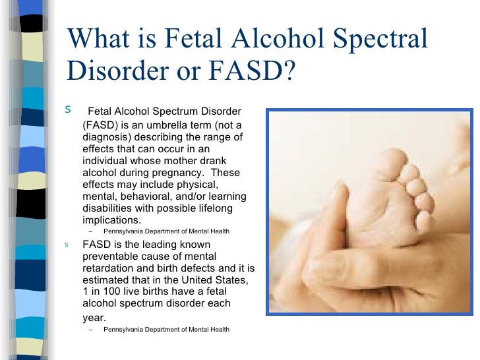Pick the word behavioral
(150, 196)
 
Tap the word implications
(111, 220)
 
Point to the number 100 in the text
(111, 292)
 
